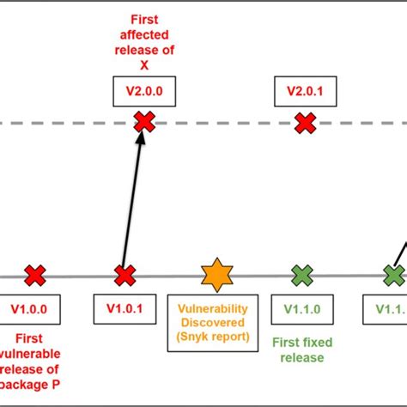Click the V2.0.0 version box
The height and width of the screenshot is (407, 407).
[x=144, y=88]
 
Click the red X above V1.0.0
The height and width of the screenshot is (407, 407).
[x=34, y=276]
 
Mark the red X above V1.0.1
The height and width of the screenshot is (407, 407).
[x=125, y=276]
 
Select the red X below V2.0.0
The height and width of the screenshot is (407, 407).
[x=144, y=124]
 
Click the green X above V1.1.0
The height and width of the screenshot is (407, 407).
[x=301, y=276]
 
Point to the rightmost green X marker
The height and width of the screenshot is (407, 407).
[x=393, y=276]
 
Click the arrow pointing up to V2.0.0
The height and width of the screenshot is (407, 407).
[x=134, y=202]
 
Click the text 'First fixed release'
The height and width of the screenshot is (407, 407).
[x=301, y=350]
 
